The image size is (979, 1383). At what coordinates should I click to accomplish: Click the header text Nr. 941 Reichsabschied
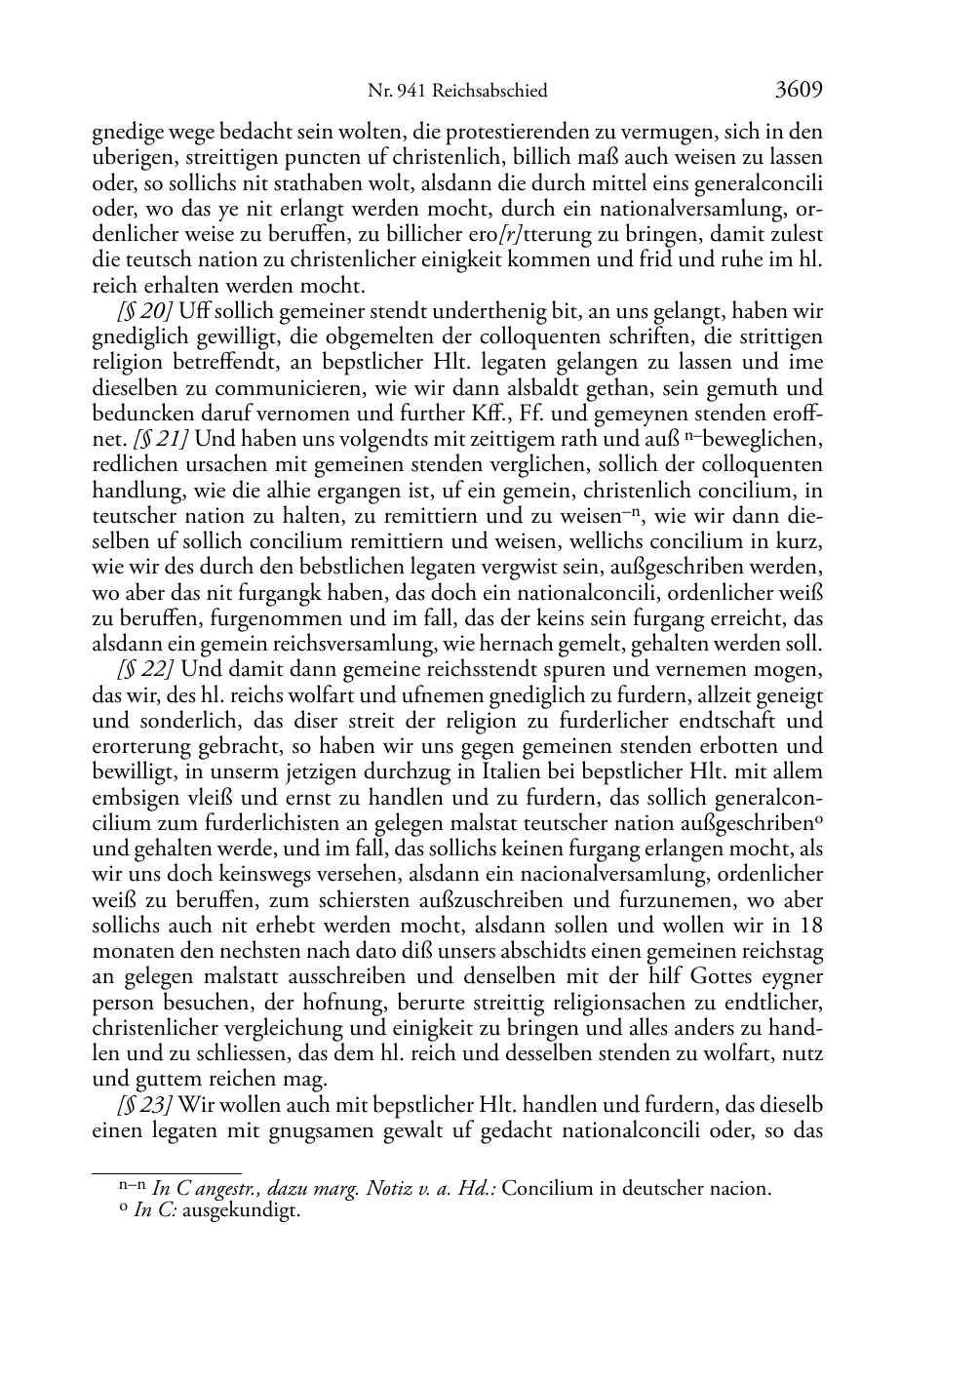click(x=457, y=91)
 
